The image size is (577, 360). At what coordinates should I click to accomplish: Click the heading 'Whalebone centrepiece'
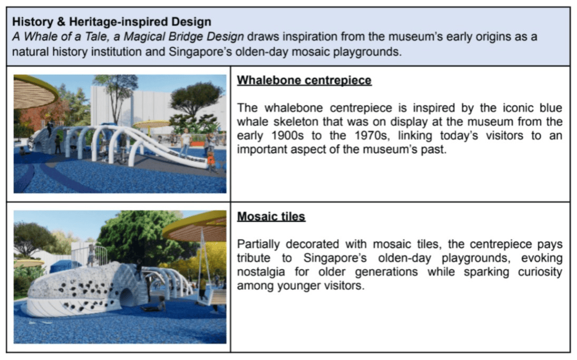point(304,80)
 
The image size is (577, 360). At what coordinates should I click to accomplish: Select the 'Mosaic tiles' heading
point(271,216)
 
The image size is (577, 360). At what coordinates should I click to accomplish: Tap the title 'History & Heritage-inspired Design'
point(111,22)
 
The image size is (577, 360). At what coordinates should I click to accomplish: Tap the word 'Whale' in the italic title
point(40,37)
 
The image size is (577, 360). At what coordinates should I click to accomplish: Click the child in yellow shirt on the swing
point(202,286)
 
